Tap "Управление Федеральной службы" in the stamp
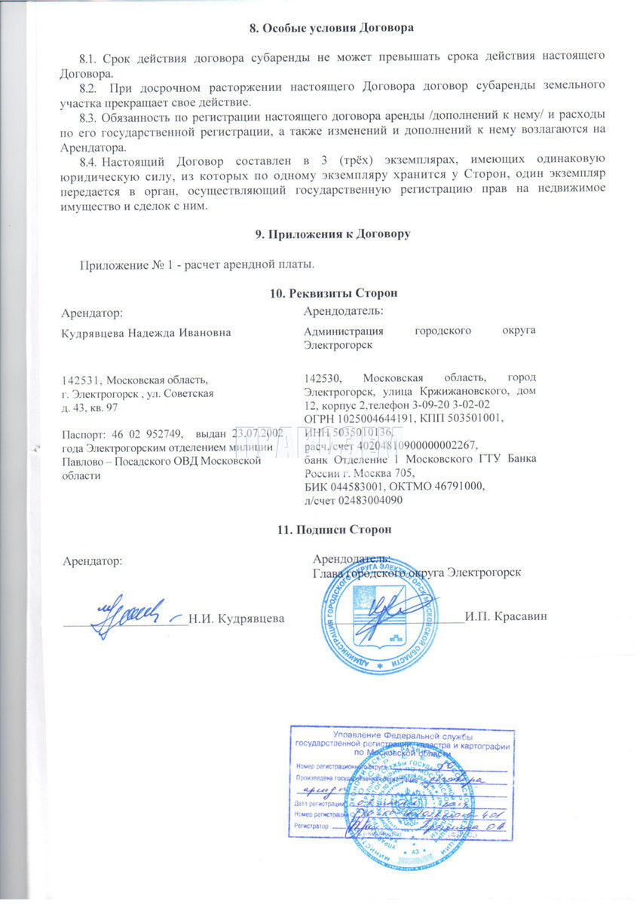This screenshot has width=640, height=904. (x=402, y=734)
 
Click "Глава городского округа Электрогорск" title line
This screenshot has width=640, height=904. (x=417, y=573)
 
